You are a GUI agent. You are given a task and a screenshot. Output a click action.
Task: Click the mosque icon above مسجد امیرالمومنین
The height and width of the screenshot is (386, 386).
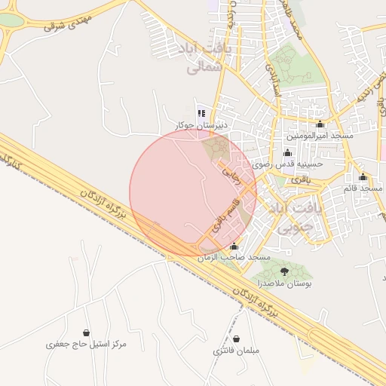coord(320,124)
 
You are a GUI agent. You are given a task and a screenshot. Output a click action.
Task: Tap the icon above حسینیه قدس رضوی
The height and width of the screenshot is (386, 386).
coord(287,153)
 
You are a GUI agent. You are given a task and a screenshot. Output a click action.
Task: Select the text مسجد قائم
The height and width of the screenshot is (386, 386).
coord(360,188)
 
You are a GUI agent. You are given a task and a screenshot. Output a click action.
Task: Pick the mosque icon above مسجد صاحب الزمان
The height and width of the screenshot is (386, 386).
coord(234,246)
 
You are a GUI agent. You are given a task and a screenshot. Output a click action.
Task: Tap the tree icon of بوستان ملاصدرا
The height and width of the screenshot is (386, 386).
coord(284,271)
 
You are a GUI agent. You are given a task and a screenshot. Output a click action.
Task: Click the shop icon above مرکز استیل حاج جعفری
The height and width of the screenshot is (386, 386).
coord(86,332)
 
